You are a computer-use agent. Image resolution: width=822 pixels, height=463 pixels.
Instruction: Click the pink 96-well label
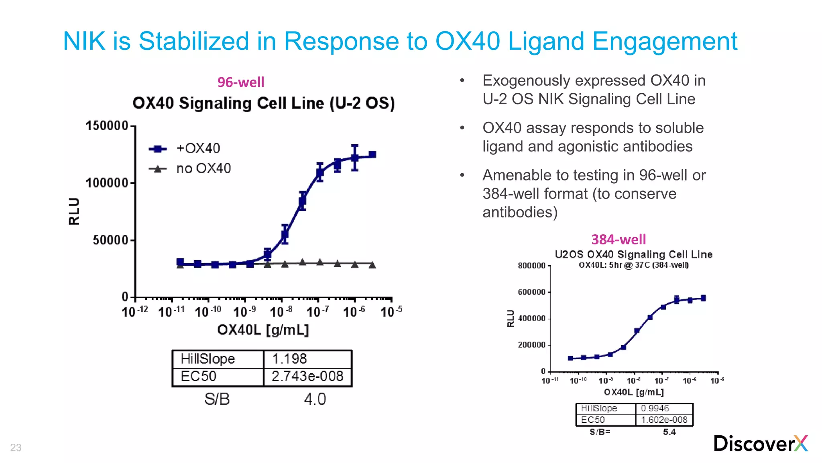(x=241, y=82)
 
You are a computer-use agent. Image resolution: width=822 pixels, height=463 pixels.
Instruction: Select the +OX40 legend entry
(x=198, y=148)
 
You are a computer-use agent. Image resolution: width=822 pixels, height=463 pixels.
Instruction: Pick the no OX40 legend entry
(x=203, y=168)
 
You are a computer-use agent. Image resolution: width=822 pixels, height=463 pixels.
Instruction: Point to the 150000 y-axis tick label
(x=106, y=126)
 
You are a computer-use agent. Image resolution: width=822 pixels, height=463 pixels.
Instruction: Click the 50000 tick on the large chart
(x=110, y=240)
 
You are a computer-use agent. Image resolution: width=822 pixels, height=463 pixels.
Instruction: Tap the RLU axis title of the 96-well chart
(x=74, y=211)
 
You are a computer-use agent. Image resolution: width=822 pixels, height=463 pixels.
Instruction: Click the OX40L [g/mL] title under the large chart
(x=263, y=330)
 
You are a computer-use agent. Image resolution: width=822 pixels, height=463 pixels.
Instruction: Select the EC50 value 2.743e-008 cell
(x=307, y=376)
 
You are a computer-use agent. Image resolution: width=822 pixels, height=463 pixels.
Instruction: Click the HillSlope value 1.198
(x=289, y=359)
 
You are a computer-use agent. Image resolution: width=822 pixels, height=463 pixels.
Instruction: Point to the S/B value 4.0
(x=315, y=399)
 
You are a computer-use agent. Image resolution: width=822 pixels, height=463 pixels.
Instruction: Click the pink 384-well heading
(x=619, y=240)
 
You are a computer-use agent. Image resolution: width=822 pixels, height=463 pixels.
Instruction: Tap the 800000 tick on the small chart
(x=531, y=266)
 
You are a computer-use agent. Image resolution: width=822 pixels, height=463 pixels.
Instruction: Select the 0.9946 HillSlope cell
(x=655, y=408)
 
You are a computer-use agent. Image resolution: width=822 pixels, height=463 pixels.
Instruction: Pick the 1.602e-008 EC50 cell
(x=664, y=420)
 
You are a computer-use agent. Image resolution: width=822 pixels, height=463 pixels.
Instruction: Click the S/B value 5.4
(x=669, y=432)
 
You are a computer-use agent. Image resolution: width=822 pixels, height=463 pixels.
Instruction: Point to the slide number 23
(x=16, y=447)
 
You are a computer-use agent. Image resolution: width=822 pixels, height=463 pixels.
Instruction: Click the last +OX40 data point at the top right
(x=372, y=154)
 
